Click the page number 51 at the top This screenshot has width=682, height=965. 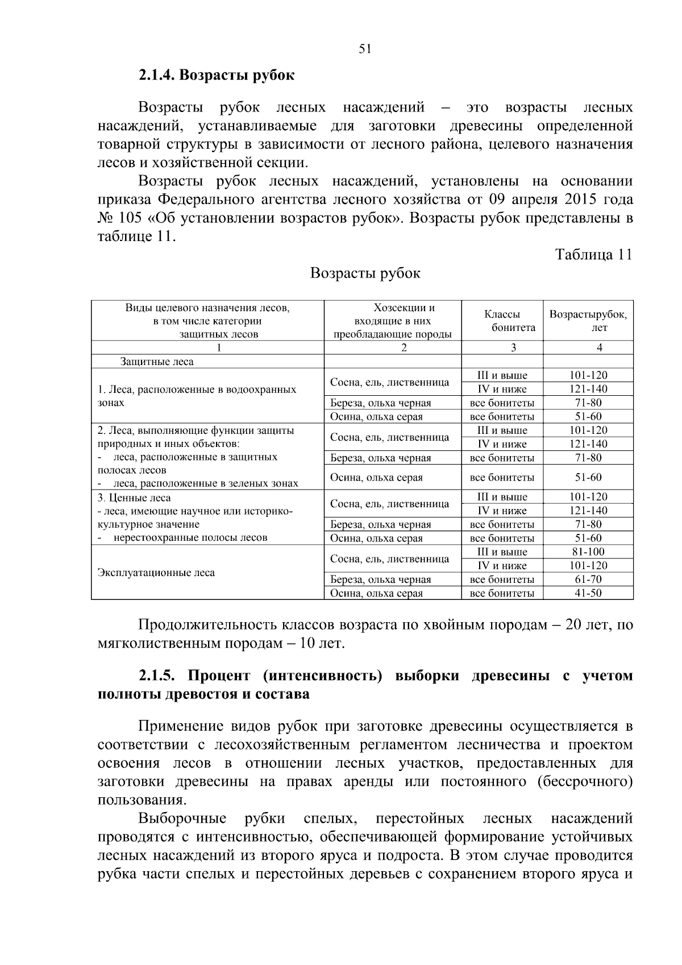coord(365,49)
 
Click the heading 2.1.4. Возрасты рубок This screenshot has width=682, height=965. coord(217,75)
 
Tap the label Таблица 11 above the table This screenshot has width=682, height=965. coord(593,254)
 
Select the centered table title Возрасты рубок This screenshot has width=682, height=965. coord(365,274)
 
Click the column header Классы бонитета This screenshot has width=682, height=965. coord(502,321)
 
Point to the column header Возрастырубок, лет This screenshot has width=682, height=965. coord(588,321)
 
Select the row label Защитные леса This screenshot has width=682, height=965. coord(157,362)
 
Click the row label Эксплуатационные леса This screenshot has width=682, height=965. coord(156,573)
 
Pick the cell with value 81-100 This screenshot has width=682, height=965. coord(588,552)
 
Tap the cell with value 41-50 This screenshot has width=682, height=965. coord(588,593)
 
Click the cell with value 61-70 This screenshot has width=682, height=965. coord(588,579)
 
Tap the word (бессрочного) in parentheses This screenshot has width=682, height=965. coord(585,781)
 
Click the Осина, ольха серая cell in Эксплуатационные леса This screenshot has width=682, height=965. coord(377,593)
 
